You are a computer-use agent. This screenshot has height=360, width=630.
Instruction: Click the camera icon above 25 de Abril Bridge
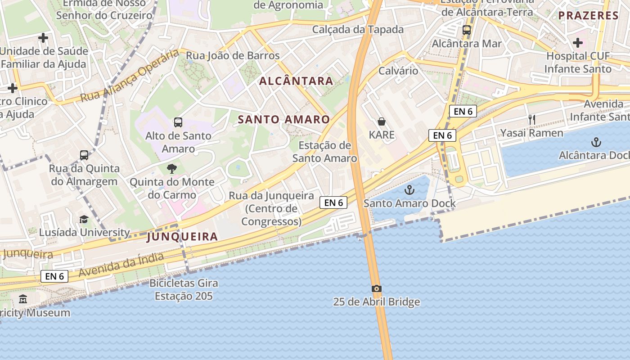coord(377,288)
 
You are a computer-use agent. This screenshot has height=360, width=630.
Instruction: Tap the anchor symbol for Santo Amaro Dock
coord(409,190)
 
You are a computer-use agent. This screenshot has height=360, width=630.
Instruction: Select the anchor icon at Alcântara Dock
coord(596,143)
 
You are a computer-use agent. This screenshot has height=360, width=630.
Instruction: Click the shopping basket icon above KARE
coord(382,121)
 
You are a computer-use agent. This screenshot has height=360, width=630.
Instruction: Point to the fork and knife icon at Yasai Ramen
coord(532,119)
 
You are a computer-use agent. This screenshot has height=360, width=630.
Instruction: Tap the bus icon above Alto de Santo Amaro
coord(178,122)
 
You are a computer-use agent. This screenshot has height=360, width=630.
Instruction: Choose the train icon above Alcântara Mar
coord(467,30)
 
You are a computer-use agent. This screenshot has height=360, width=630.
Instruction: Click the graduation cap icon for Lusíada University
coord(84,219)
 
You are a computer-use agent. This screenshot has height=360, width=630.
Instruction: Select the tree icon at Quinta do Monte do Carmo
coord(171,169)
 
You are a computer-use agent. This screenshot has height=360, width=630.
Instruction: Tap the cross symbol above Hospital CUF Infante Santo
coord(578,43)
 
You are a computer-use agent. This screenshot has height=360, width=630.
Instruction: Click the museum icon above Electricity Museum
coord(23,299)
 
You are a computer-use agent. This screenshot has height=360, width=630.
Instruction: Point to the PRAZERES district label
coord(589,16)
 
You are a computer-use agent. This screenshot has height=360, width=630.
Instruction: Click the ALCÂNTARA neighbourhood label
coord(297,81)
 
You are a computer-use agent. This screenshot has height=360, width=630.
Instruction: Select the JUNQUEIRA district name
coord(182,237)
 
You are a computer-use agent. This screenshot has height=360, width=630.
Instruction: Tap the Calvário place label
coord(398,71)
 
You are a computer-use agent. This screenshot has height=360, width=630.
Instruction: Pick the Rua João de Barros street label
coord(233,56)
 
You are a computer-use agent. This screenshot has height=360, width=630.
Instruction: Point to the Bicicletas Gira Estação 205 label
coord(184,289)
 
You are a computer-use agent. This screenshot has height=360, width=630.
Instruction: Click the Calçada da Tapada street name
coord(358,30)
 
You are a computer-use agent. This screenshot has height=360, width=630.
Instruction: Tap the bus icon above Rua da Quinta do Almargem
coord(84,155)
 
